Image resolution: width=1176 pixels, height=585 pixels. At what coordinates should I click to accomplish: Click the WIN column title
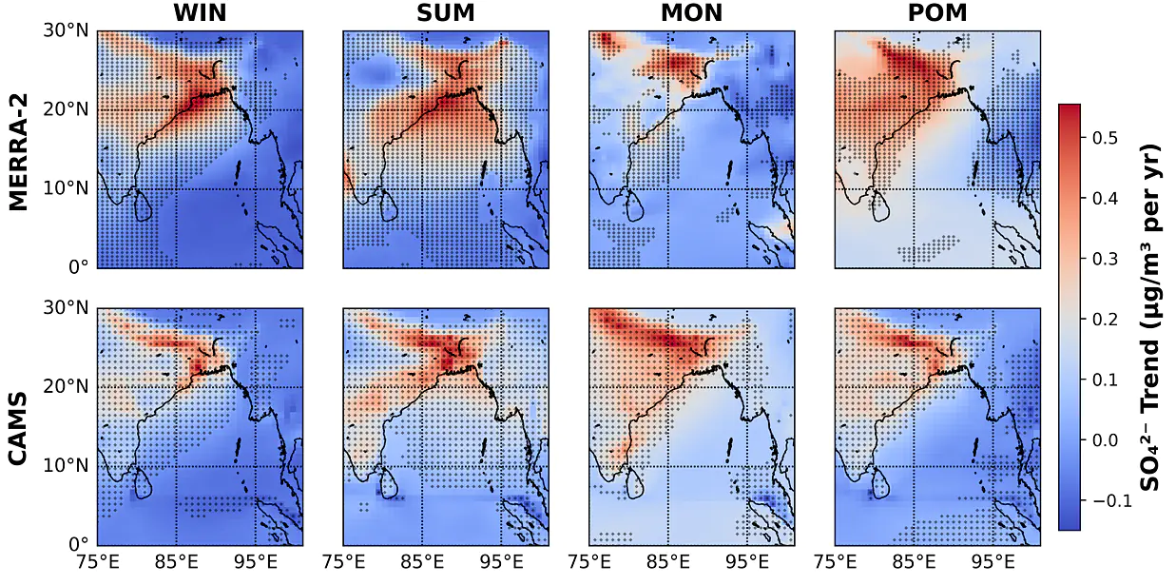point(200,13)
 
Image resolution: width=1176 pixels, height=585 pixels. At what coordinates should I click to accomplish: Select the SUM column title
point(446,13)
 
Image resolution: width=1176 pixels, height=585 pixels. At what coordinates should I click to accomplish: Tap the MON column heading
point(691,13)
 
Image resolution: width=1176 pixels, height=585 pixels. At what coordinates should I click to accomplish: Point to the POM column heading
point(937,13)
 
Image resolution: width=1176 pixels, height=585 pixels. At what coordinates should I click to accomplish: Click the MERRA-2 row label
point(19,152)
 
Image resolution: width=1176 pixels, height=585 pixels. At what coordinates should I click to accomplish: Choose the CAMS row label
point(19,428)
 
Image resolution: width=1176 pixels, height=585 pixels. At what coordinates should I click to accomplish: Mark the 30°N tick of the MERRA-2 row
point(67,30)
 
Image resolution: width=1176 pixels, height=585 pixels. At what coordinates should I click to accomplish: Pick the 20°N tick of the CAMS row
point(67,387)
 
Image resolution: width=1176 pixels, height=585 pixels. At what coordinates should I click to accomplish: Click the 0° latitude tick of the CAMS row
point(79,544)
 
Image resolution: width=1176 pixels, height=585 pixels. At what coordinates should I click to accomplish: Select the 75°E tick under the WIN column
point(98,563)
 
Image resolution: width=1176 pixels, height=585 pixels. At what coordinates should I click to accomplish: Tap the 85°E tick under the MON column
point(667,563)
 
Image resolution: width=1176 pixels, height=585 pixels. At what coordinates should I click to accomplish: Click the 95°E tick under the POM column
point(993,563)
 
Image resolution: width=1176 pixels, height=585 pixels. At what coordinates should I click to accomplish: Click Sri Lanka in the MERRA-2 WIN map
point(143,206)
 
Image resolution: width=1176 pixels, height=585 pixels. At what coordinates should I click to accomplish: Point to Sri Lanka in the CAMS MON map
point(634,483)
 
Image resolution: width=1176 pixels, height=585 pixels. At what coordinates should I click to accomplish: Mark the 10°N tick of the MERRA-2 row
point(67,188)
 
